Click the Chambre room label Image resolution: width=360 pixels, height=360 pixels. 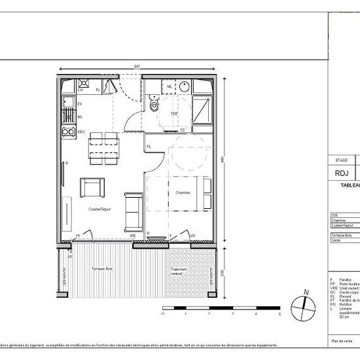(182, 192)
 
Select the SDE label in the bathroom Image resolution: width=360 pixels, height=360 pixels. (174, 113)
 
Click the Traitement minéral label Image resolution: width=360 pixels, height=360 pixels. (179, 272)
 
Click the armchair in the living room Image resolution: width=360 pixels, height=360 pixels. (91, 187)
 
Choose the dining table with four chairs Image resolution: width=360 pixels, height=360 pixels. (104, 148)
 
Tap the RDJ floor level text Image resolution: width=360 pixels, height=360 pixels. (340, 173)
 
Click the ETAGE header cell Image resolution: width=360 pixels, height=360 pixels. (341, 160)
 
